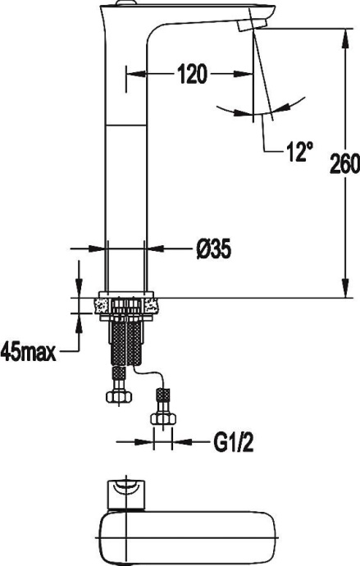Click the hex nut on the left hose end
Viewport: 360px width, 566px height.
tap(119, 395)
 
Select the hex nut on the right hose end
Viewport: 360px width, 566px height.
tap(163, 418)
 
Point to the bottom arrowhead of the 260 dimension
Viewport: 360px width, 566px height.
tap(342, 290)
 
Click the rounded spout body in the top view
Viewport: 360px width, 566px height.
tap(189, 536)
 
